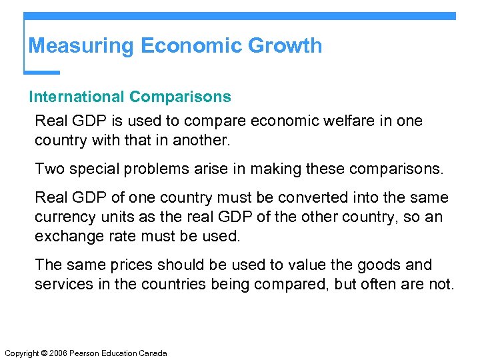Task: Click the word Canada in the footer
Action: (x=153, y=353)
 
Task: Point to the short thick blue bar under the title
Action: (x=42, y=71)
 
